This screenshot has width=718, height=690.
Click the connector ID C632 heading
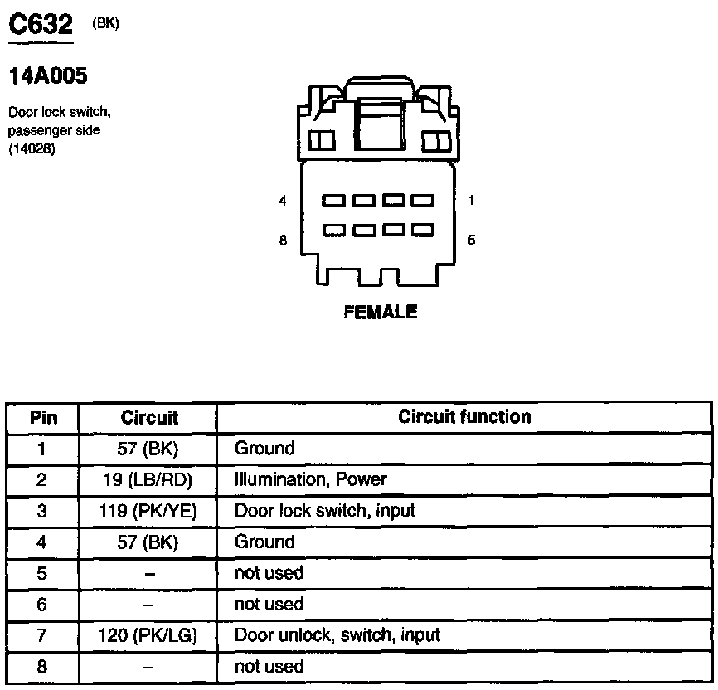41,26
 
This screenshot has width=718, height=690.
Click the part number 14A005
47,77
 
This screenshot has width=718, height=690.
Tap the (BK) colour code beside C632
106,23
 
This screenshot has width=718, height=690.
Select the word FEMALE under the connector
381,313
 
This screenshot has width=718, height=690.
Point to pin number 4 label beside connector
283,201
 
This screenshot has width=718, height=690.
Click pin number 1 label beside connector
471,200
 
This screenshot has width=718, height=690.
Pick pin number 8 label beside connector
283,241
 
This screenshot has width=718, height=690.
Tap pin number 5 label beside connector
471,241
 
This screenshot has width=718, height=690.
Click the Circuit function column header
464,417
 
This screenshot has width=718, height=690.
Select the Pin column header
43,418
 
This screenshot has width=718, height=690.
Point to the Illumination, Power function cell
311,480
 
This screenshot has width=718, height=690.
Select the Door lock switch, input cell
325,511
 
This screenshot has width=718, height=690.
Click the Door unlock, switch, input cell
337,636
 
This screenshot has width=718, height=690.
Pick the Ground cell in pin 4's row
264,542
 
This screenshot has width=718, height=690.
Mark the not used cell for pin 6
269,605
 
